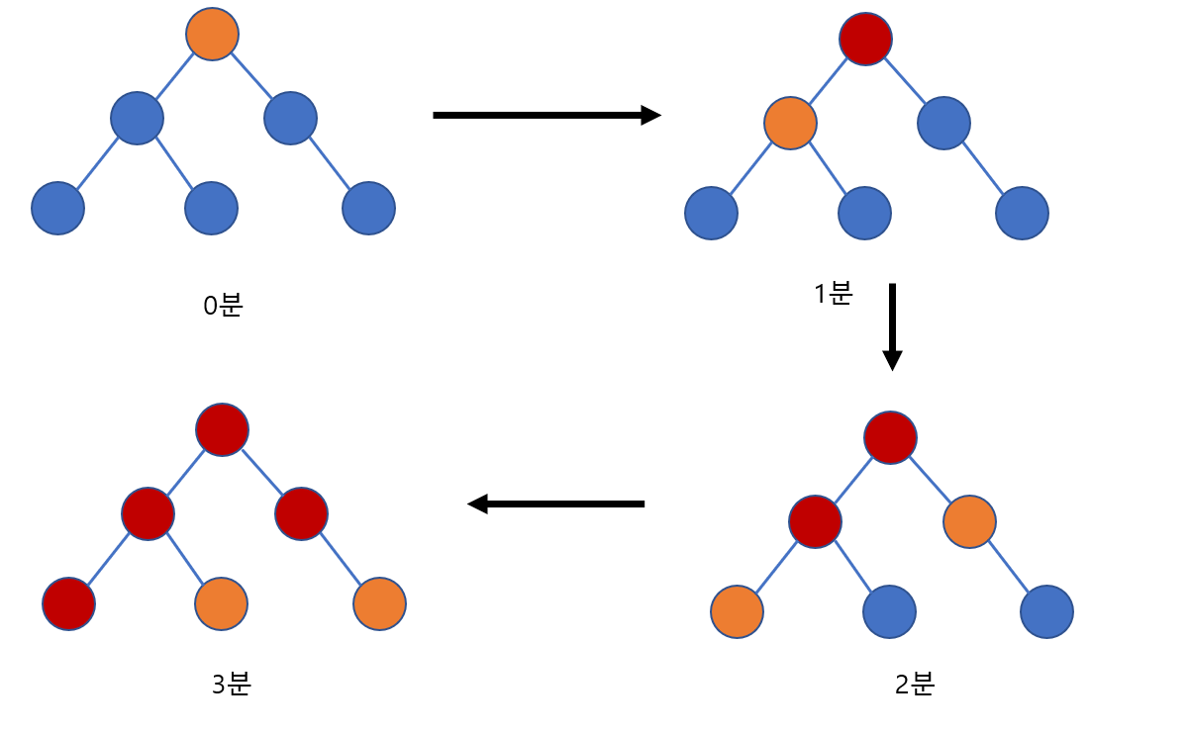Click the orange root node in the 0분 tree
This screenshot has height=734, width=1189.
[213, 34]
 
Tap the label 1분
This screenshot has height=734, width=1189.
[833, 294]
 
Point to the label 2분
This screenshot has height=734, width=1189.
[914, 684]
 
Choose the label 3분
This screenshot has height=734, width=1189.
[231, 684]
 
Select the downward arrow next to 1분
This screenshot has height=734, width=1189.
[892, 326]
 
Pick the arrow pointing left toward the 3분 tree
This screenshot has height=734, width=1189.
[555, 505]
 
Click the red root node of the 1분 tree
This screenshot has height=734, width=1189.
[866, 40]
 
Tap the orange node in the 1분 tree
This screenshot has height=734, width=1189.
[790, 124]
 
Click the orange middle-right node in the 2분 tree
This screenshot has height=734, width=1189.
[969, 521]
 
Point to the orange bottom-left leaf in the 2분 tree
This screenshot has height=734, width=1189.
[737, 612]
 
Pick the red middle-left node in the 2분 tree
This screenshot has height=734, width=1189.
[815, 521]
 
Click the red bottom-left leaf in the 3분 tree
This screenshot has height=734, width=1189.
[69, 603]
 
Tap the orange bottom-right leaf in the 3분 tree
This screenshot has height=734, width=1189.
[379, 603]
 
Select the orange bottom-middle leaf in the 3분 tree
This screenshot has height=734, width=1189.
[221, 603]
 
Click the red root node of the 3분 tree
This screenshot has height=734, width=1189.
[223, 429]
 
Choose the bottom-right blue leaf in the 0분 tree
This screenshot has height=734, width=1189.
[368, 209]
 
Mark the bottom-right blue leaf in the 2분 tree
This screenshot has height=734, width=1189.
[1047, 612]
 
